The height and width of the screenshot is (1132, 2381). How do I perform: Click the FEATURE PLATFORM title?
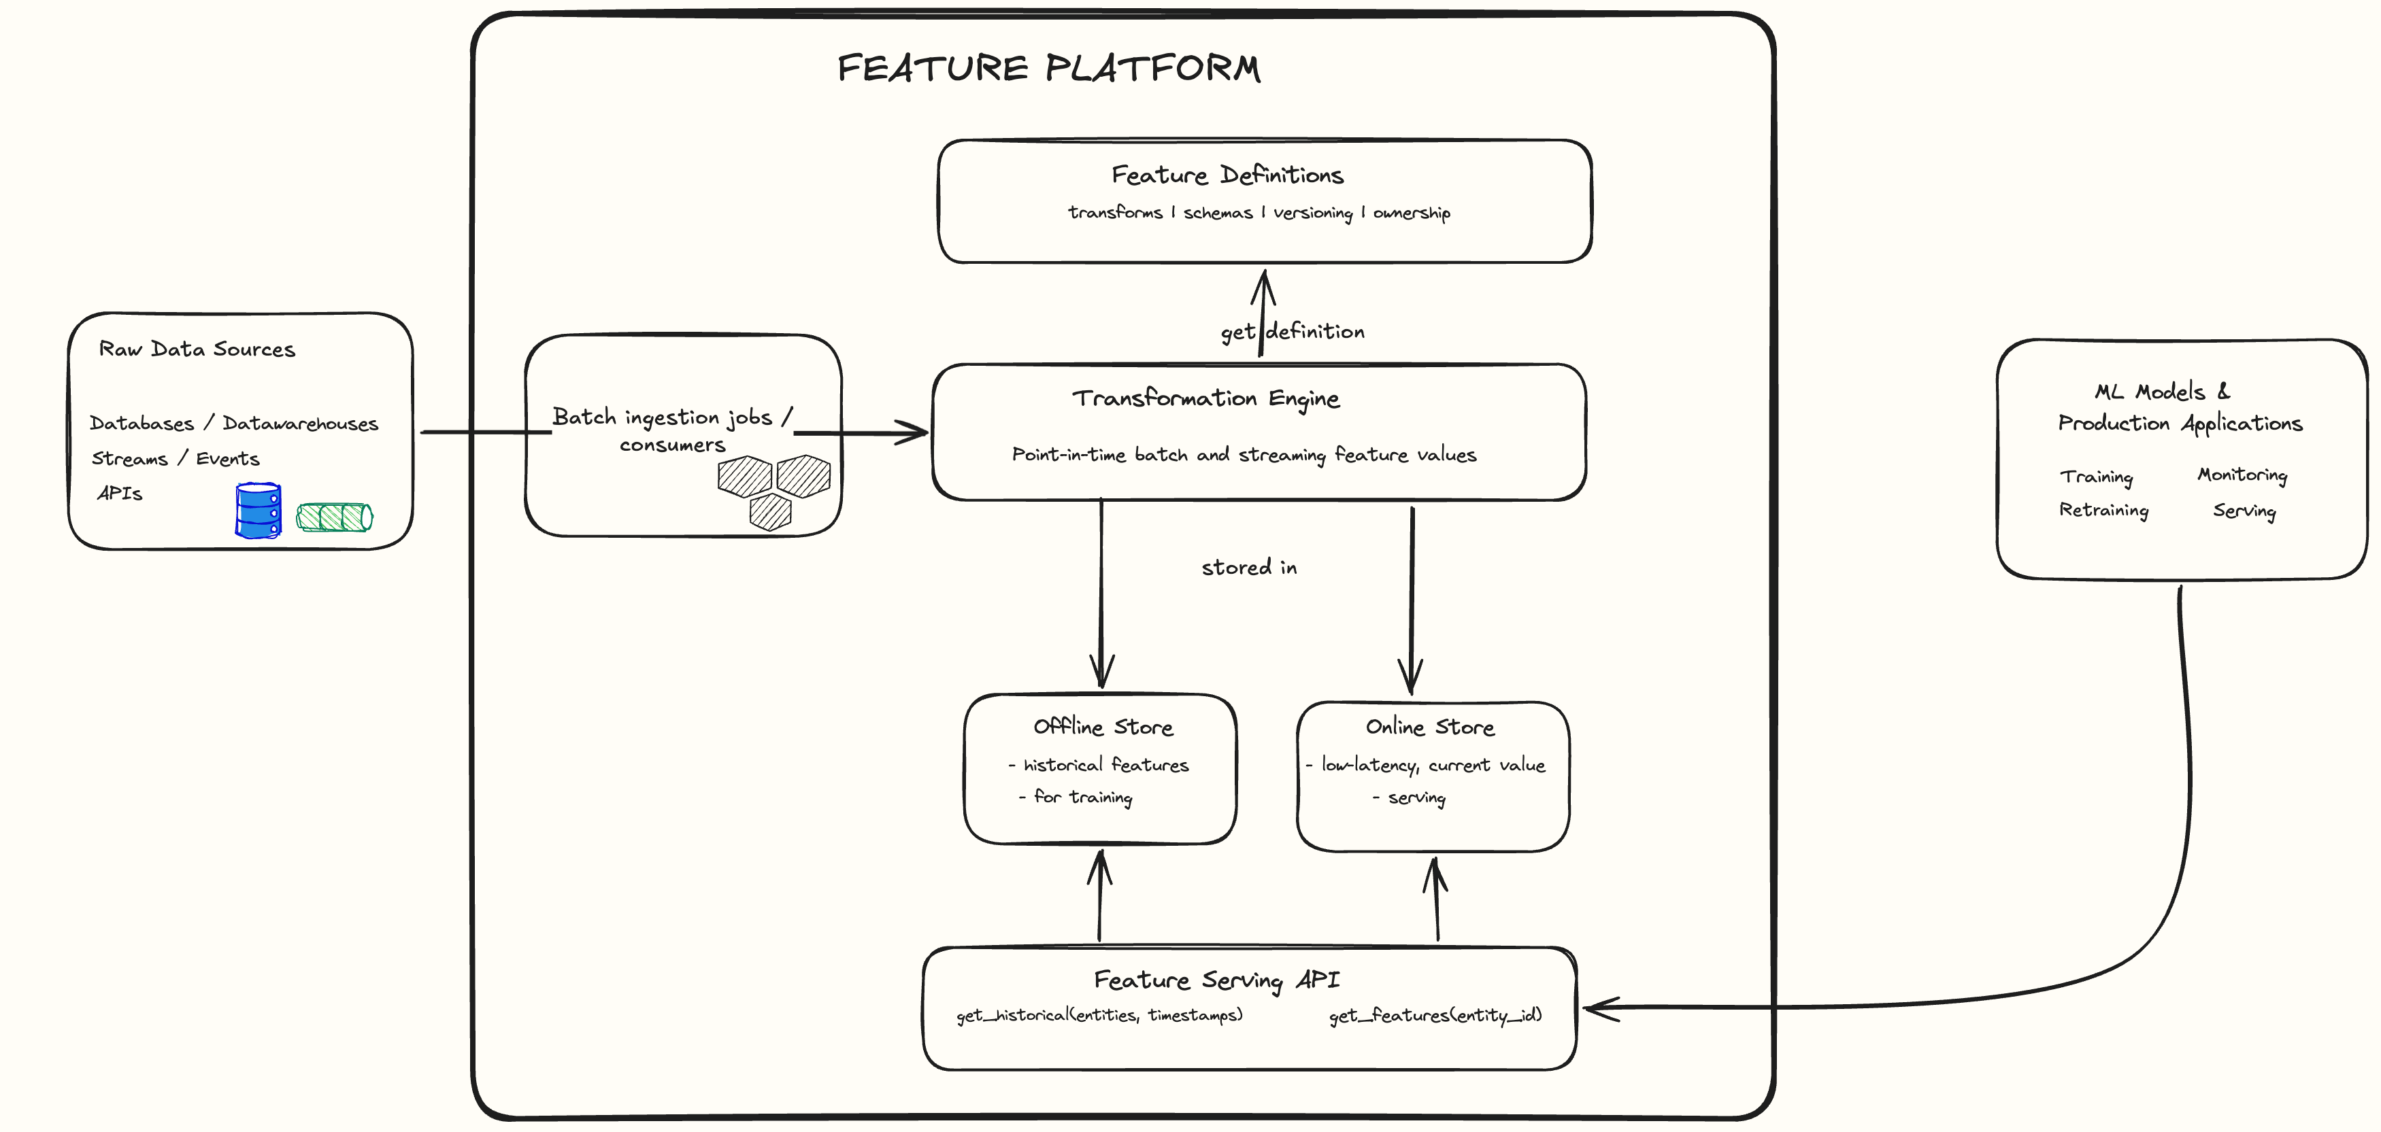(x=1048, y=69)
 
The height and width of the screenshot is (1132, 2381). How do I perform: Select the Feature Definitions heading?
(x=1227, y=175)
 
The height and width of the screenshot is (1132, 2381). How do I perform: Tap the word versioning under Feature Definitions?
(x=1312, y=213)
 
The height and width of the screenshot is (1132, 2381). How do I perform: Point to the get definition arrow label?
(x=1292, y=332)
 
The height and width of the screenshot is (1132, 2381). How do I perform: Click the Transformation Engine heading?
(x=1205, y=398)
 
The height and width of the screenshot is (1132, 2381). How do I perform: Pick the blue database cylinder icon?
(x=258, y=510)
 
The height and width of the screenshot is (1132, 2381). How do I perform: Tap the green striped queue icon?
(x=335, y=517)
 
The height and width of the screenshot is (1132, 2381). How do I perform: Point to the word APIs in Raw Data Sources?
(x=120, y=494)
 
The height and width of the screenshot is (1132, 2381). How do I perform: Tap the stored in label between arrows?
(x=1249, y=568)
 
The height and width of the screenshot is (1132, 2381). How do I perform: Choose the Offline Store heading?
(x=1103, y=727)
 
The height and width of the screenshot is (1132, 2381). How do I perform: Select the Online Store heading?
(x=1429, y=727)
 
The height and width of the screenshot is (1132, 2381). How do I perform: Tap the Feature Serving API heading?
(x=1216, y=980)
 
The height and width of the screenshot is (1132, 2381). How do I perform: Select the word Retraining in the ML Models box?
(x=2103, y=510)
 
